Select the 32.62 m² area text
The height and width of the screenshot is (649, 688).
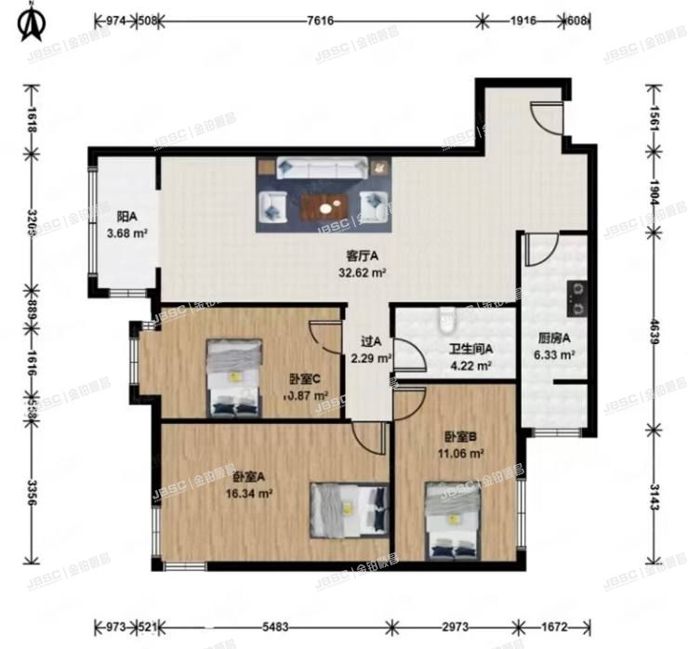click(x=362, y=272)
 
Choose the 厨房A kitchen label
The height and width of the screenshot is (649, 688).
click(x=553, y=338)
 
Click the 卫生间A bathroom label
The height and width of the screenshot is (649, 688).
click(x=470, y=349)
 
